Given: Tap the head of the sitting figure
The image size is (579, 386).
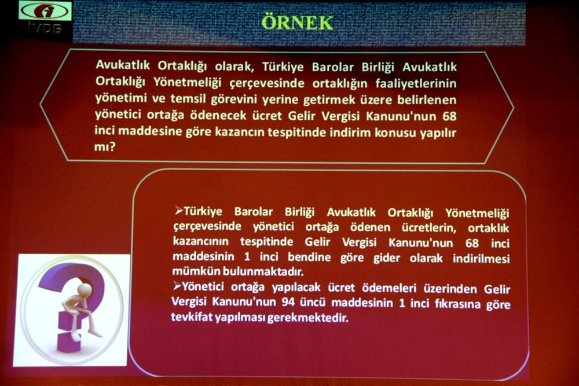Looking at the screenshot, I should click(85, 288).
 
